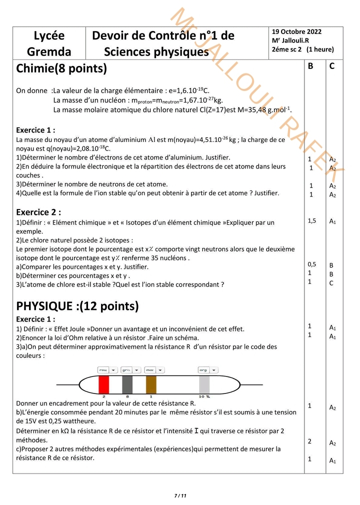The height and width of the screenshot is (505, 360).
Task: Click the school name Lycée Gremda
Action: (x=49, y=43)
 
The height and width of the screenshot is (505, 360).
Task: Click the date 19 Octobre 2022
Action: (x=296, y=31)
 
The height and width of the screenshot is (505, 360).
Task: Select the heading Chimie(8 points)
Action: (x=61, y=68)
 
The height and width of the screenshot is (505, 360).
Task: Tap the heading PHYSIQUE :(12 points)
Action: (x=77, y=305)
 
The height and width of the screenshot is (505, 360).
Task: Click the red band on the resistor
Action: (x=103, y=384)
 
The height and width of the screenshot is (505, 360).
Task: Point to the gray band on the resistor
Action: (x=127, y=384)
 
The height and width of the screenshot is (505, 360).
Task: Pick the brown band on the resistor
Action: (x=151, y=384)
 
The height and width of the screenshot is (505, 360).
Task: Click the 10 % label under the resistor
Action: (x=204, y=396)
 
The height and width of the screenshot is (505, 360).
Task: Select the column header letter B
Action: (x=310, y=65)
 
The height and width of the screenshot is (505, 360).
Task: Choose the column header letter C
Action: (x=332, y=65)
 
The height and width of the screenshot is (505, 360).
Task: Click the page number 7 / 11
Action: (x=180, y=495)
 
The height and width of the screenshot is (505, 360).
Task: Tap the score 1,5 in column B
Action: (x=311, y=220)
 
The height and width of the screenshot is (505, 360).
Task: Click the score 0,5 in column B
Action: (x=311, y=264)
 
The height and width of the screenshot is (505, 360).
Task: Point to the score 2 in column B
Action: (x=309, y=441)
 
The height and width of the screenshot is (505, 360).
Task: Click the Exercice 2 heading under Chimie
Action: (x=38, y=212)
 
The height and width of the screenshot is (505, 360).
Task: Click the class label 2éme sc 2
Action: (x=287, y=49)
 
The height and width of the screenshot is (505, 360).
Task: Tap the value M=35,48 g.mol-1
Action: (x=267, y=109)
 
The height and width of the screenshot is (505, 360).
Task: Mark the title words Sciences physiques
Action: (x=156, y=51)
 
